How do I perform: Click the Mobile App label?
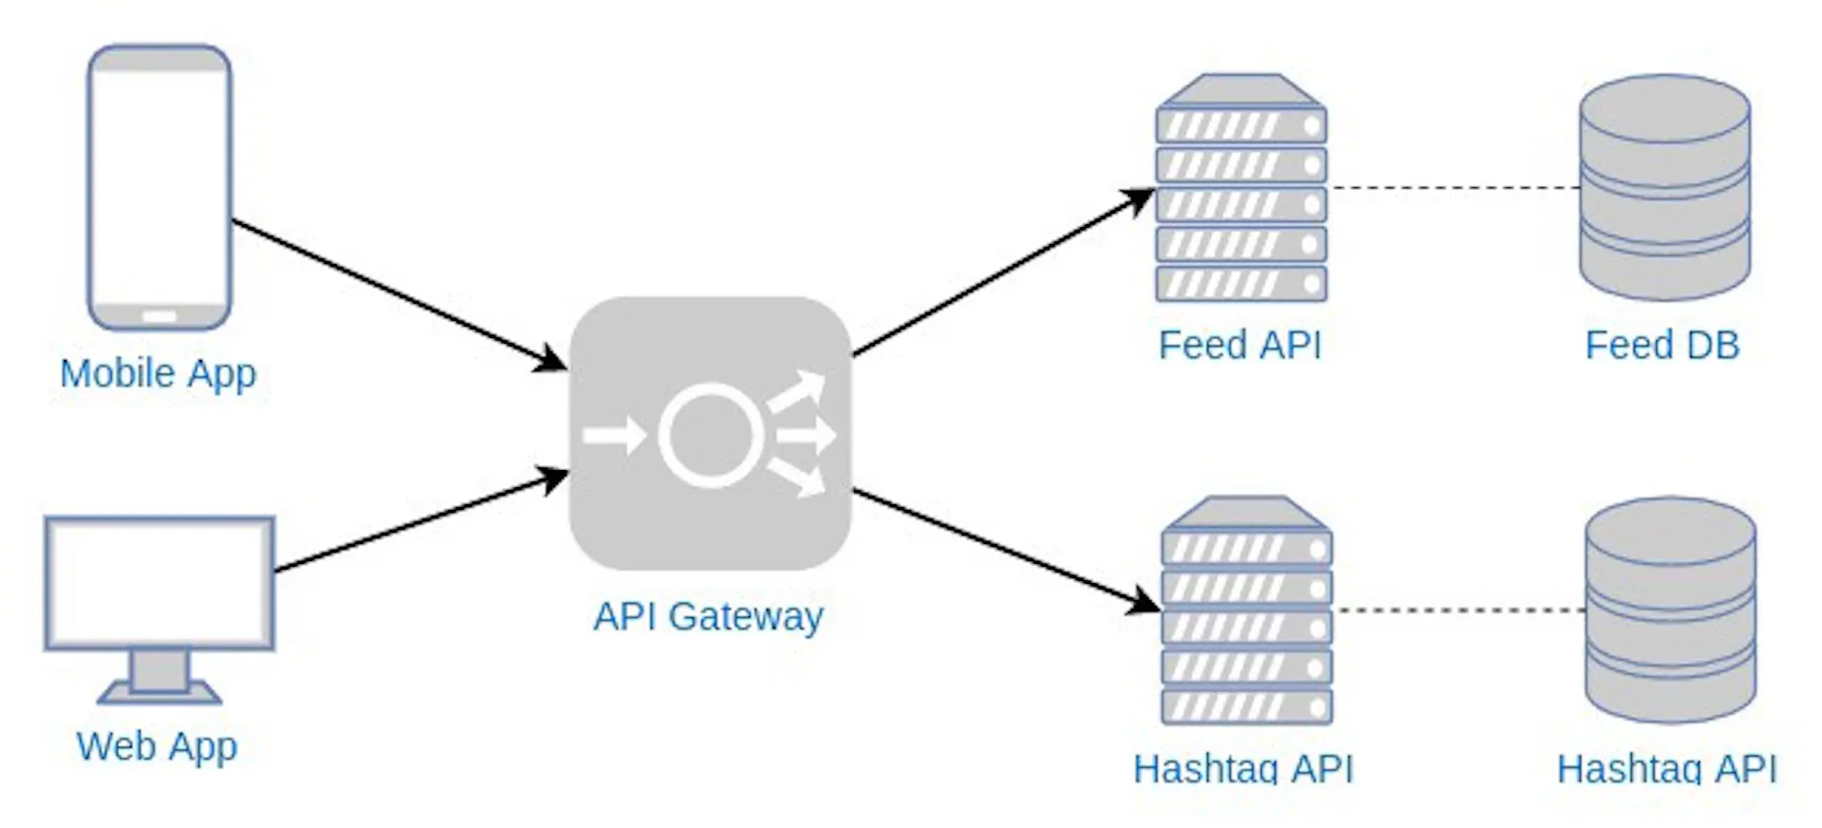(x=158, y=373)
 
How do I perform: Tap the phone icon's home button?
(x=159, y=315)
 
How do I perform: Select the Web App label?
(x=157, y=746)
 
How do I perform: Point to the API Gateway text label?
(x=708, y=616)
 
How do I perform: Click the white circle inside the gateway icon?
(x=710, y=435)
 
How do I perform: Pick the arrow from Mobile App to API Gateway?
(x=399, y=293)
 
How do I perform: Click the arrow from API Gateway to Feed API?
(x=1001, y=273)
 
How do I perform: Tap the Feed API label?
(x=1239, y=345)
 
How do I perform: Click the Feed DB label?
(x=1662, y=345)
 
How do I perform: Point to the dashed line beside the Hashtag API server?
(x=1459, y=610)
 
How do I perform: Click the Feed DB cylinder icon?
(x=1664, y=188)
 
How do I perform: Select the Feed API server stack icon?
(x=1241, y=190)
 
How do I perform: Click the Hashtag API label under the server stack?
(x=1243, y=767)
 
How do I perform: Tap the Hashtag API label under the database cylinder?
(x=1666, y=767)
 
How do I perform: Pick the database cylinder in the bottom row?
(x=1670, y=610)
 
